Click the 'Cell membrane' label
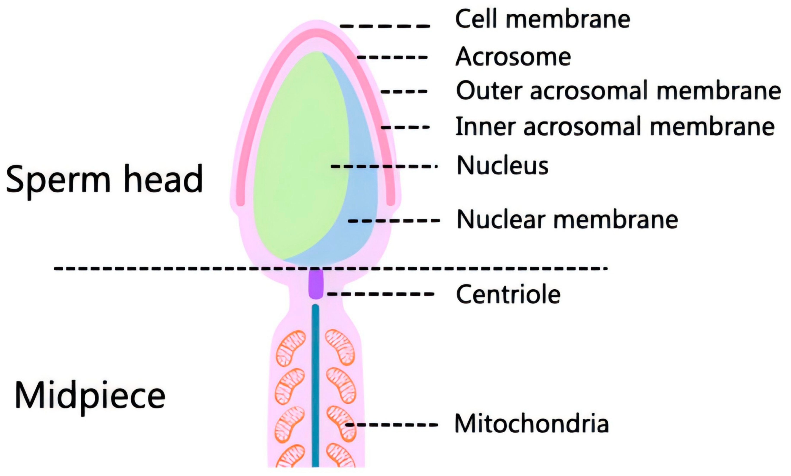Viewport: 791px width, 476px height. tap(542, 19)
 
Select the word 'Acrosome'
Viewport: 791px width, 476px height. tap(513, 57)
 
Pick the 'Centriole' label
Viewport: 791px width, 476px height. tap(508, 294)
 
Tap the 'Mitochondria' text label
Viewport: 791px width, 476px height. tap(531, 424)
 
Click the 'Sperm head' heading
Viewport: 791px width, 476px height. tap(104, 180)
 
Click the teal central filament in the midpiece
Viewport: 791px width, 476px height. tap(315, 385)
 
